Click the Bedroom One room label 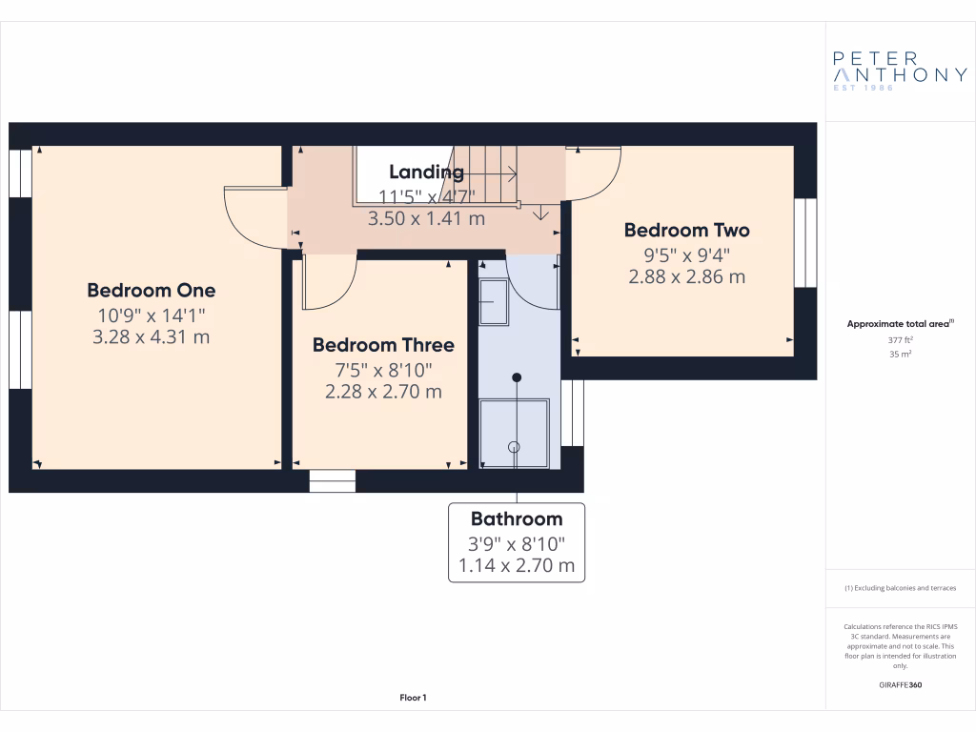(x=152, y=291)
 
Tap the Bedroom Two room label (x=686, y=230)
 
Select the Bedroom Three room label (x=383, y=345)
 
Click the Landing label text (x=426, y=173)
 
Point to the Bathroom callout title (x=517, y=519)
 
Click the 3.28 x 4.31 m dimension (x=152, y=336)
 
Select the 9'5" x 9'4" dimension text (x=686, y=254)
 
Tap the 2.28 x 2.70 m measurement (x=383, y=391)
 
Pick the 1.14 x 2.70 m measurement (x=517, y=566)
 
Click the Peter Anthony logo (x=900, y=68)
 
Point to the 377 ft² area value (x=900, y=339)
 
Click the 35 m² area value (x=900, y=354)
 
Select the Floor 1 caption (x=413, y=699)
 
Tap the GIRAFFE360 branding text (x=900, y=685)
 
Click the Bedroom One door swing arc (x=250, y=217)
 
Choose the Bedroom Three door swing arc (x=330, y=284)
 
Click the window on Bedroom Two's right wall (x=806, y=242)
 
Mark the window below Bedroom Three (x=333, y=480)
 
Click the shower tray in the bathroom (x=515, y=434)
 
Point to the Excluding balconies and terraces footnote (x=900, y=588)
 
